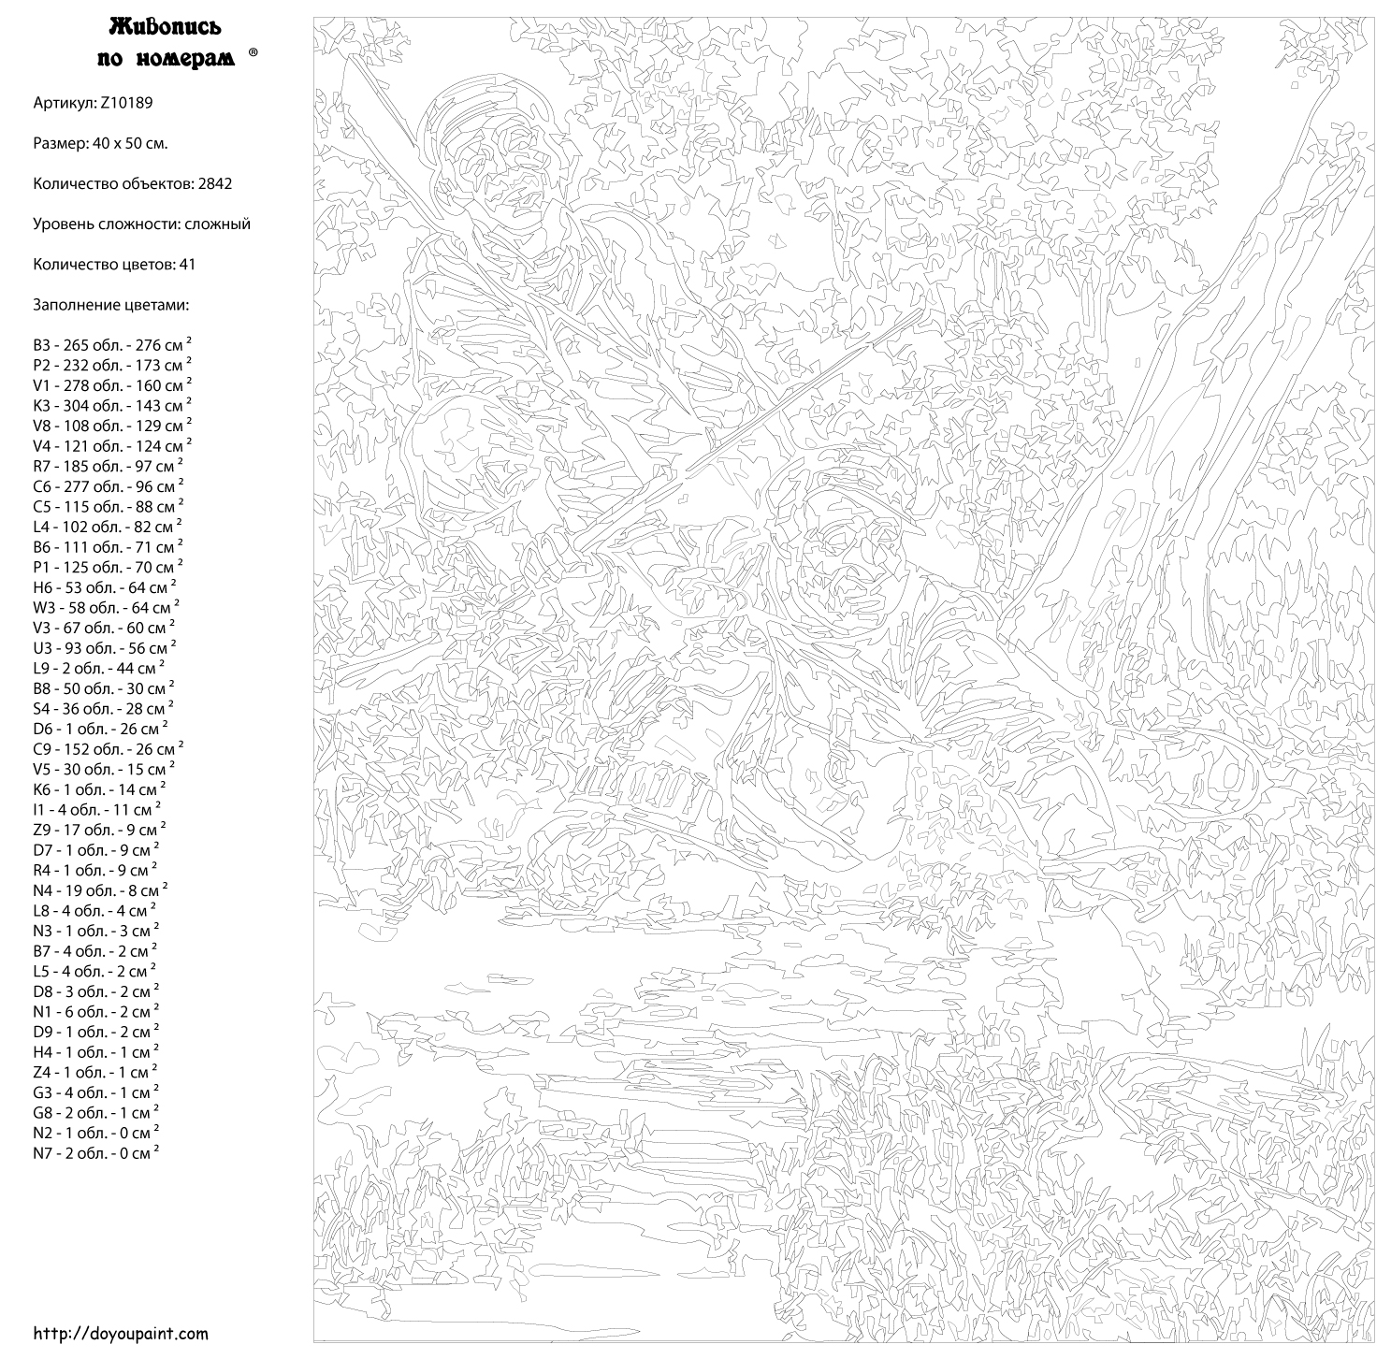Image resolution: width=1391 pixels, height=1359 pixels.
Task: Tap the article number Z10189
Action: coord(124,103)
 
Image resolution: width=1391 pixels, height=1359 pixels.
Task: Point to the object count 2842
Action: coord(214,184)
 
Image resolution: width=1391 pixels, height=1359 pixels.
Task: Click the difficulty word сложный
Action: coord(217,224)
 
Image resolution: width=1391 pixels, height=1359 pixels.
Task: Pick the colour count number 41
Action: coord(187,265)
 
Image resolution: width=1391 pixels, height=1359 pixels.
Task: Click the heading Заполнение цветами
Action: coord(111,306)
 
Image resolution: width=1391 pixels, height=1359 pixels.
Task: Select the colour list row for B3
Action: coord(111,345)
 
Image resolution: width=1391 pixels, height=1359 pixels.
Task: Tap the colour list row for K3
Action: coord(111,406)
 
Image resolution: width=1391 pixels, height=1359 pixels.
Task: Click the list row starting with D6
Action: coord(100,729)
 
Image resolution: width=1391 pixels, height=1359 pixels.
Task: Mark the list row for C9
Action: coord(108,749)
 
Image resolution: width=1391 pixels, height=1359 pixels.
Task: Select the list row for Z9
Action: coord(99,830)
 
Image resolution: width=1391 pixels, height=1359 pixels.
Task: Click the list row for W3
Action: coord(103,608)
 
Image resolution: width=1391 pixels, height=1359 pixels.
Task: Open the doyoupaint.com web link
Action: coord(121,1334)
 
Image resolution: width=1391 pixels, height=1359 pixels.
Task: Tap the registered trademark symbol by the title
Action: coord(253,54)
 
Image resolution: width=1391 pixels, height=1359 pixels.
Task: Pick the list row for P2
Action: coord(111,366)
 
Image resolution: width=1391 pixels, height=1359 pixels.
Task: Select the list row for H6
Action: coord(103,587)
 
